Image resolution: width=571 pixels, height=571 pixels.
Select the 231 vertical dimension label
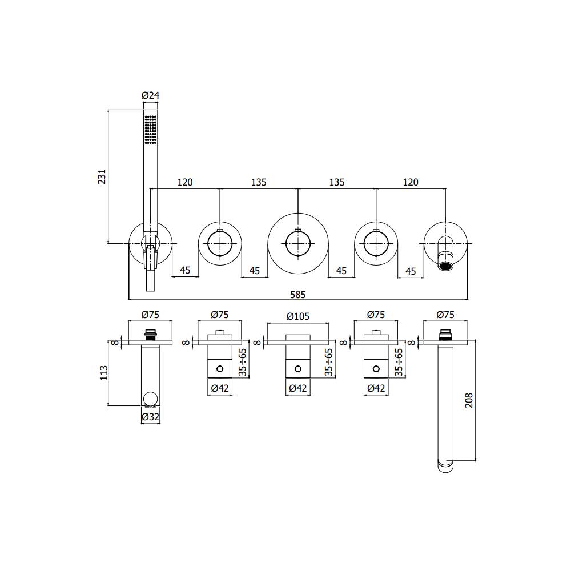click(102, 176)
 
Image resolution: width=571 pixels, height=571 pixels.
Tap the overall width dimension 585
click(298, 295)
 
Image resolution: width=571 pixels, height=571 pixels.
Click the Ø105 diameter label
click(297, 315)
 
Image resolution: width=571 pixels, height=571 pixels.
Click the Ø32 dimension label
click(150, 417)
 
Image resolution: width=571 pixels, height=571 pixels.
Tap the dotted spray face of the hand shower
click(150, 130)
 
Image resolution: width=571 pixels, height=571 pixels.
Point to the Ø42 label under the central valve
click(297, 389)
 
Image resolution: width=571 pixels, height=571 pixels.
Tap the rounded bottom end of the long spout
click(446, 465)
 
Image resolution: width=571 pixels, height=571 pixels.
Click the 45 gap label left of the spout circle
click(411, 270)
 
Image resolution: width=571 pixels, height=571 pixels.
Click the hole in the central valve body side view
click(297, 369)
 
